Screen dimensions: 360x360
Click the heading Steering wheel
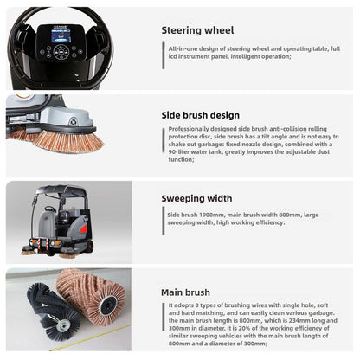click(x=197, y=31)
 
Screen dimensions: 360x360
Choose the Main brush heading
click(x=186, y=292)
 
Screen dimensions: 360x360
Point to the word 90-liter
click(x=177, y=152)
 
